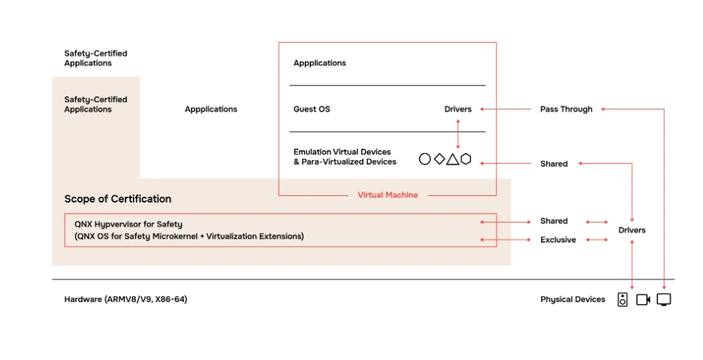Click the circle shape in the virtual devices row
click(x=424, y=159)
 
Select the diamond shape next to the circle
click(x=439, y=159)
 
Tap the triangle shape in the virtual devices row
click(x=452, y=159)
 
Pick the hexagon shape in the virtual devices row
click(x=466, y=159)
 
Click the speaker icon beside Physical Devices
click(x=622, y=299)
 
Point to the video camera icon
click(x=643, y=299)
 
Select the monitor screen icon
click(x=664, y=299)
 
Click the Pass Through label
click(x=566, y=110)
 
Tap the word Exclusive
click(x=558, y=240)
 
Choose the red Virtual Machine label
click(x=387, y=195)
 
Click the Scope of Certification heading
click(x=118, y=199)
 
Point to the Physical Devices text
click(x=572, y=299)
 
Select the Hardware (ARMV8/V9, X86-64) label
click(x=126, y=299)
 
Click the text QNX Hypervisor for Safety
click(x=123, y=224)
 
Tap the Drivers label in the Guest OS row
click(x=458, y=110)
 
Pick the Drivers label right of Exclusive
click(x=631, y=230)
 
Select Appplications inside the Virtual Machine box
click(x=320, y=63)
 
